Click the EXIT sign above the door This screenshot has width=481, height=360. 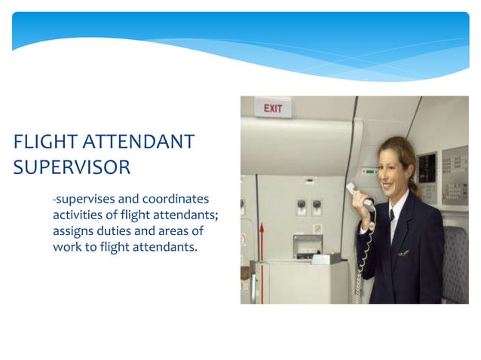273,108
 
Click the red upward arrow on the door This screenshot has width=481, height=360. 261,239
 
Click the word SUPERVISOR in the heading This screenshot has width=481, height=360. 72,166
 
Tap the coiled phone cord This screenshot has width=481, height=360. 363,256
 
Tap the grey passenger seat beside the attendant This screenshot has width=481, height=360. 457,264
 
